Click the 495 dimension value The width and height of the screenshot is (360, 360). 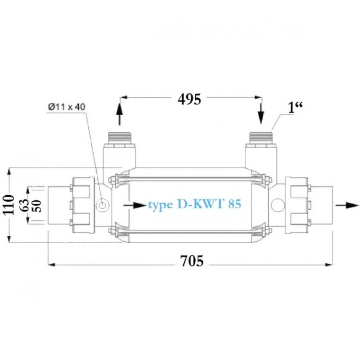189,99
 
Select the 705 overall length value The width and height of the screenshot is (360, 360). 192,261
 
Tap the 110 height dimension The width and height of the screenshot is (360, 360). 9,205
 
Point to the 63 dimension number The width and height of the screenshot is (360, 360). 25,205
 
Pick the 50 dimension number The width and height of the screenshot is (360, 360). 37,206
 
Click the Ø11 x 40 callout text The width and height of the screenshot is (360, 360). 67,107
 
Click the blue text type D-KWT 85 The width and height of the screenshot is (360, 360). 195,204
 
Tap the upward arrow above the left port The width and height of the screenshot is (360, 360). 119,114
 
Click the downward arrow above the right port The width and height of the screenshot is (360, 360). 261,114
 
